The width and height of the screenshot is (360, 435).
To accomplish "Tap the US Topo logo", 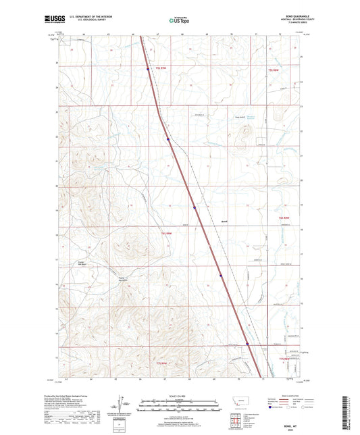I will [x=177, y=21].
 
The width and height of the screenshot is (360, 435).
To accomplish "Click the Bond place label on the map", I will [x=226, y=220].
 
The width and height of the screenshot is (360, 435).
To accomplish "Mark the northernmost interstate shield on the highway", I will [x=148, y=68].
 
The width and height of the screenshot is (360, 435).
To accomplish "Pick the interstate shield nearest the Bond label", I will [x=194, y=207].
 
